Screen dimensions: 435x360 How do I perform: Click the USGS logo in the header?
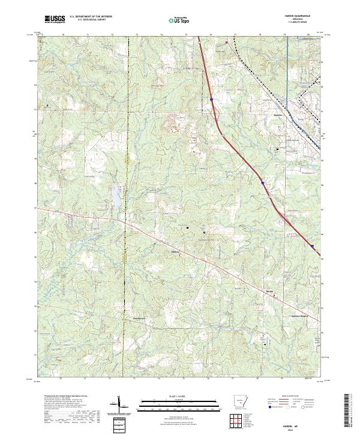[55, 20]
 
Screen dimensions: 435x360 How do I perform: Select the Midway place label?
[176, 251]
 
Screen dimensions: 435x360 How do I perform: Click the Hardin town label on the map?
[270, 291]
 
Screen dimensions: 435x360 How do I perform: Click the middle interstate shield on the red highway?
[263, 181]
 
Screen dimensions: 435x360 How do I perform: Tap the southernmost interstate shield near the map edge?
[312, 245]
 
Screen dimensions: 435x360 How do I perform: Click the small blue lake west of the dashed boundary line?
[114, 193]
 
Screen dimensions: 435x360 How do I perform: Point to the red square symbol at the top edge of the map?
[227, 43]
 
